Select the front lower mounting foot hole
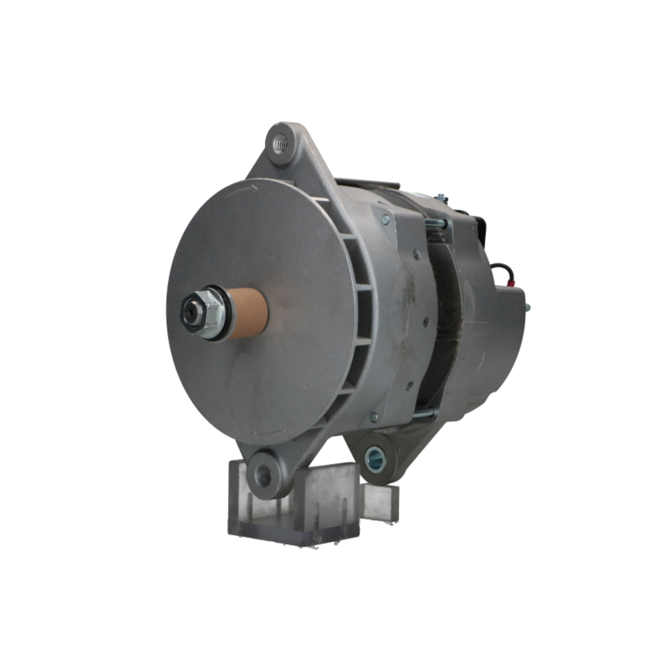point(263,476)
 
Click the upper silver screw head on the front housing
point(385,218)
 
